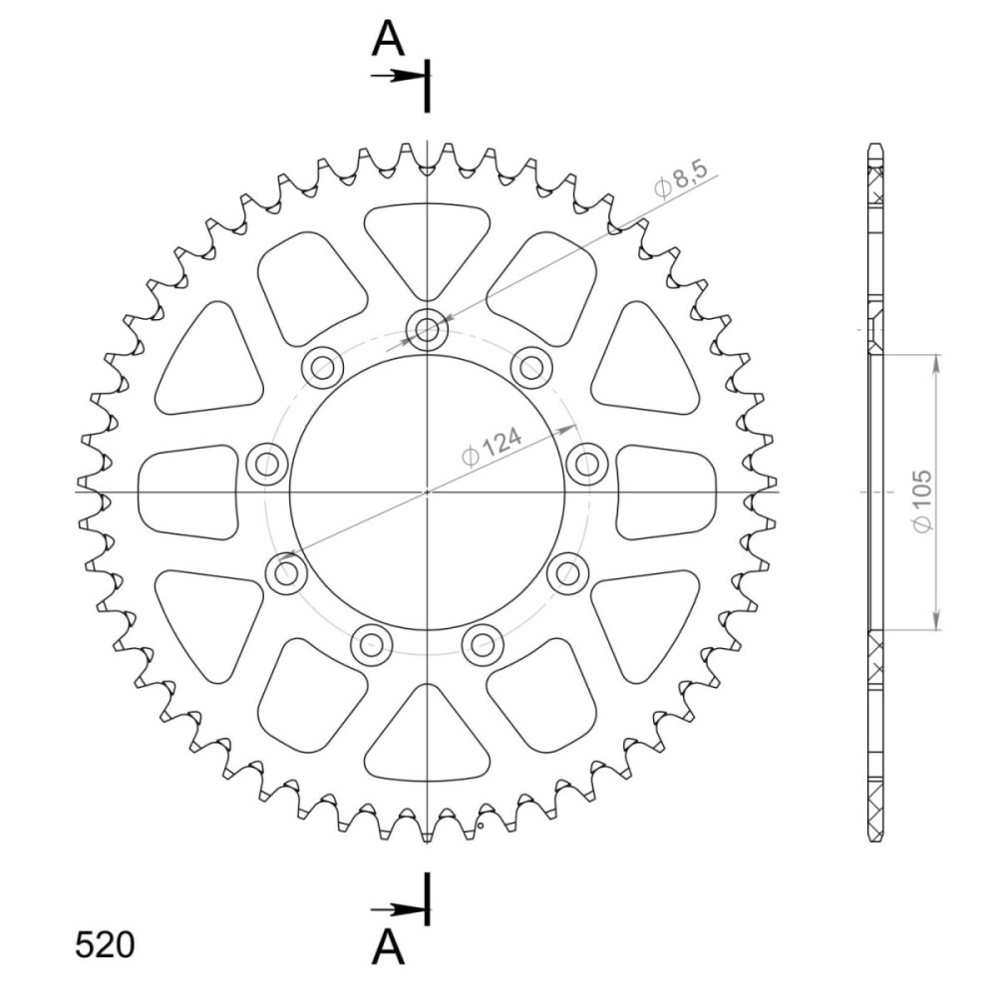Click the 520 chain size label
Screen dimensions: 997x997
pyautogui.click(x=105, y=945)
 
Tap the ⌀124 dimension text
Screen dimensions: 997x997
pyautogui.click(x=493, y=446)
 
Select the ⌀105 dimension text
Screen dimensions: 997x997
pyautogui.click(x=921, y=501)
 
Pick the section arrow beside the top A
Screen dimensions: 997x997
pyautogui.click(x=398, y=77)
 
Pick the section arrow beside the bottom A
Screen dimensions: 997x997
pyautogui.click(x=398, y=910)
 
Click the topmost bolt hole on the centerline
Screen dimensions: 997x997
pyautogui.click(x=428, y=329)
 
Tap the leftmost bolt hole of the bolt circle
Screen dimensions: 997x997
pyautogui.click(x=266, y=464)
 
